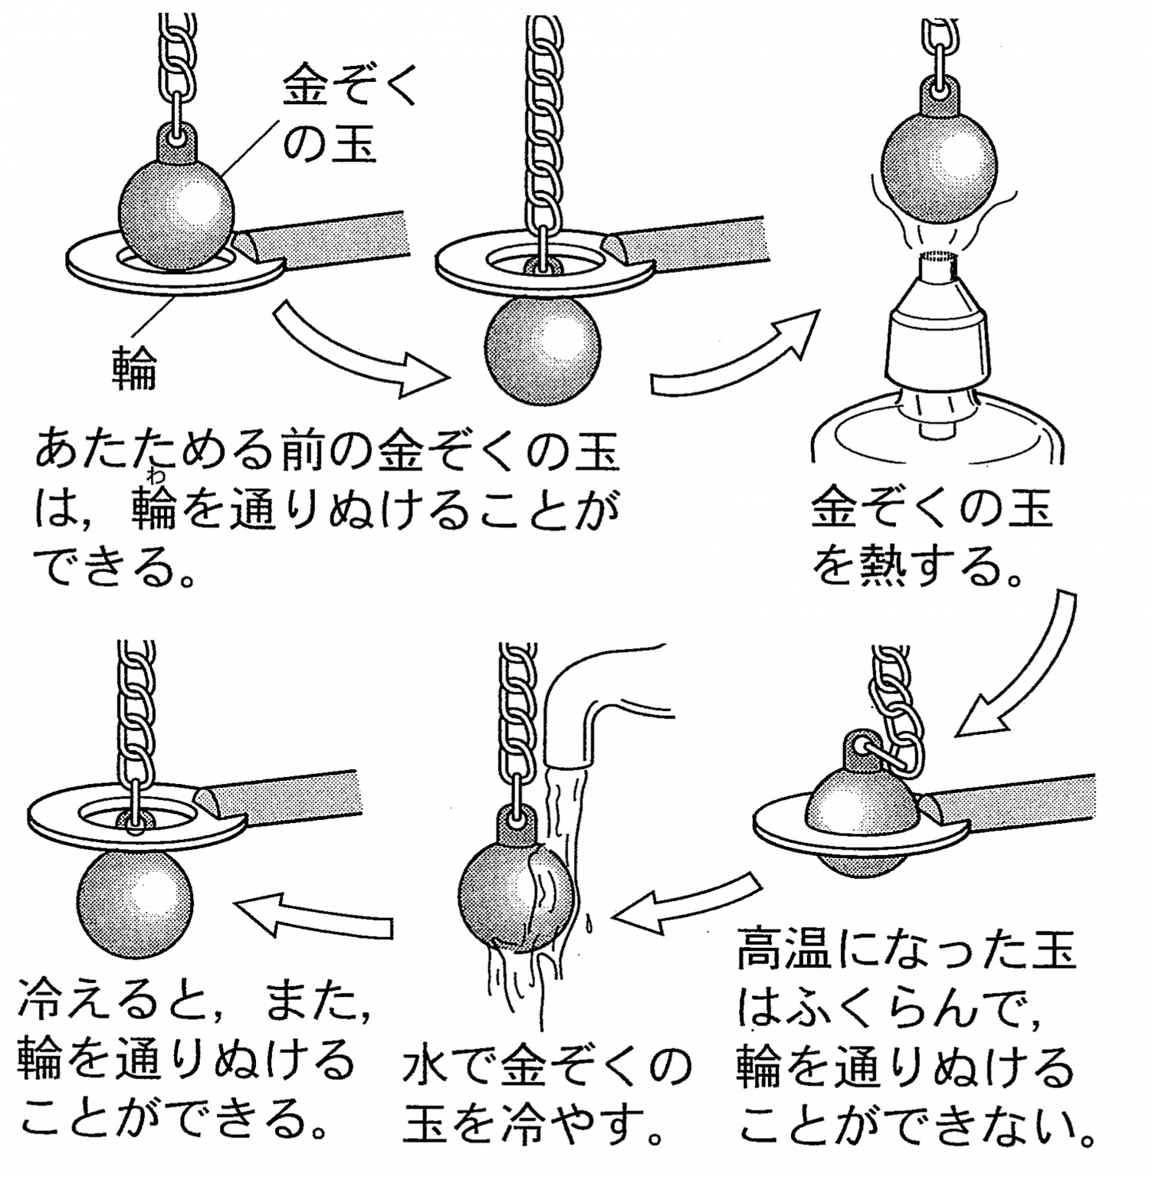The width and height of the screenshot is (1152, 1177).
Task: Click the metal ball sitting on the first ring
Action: (x=178, y=213)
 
